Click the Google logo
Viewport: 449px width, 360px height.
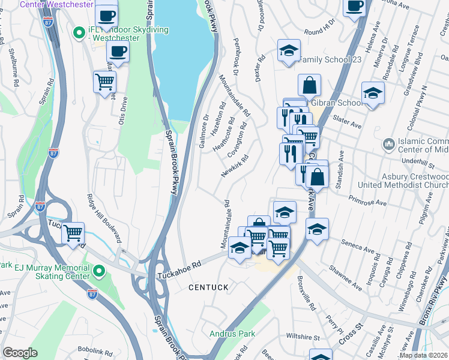20,353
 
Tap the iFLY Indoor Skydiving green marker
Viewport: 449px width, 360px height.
77,32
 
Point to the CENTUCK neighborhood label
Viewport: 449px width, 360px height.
208,288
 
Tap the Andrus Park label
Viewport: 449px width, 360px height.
232,334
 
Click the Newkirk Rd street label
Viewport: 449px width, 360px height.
235,166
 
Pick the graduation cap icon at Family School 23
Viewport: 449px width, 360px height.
289,51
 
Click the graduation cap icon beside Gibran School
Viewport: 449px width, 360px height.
373,93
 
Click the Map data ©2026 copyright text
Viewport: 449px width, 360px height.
423,355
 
